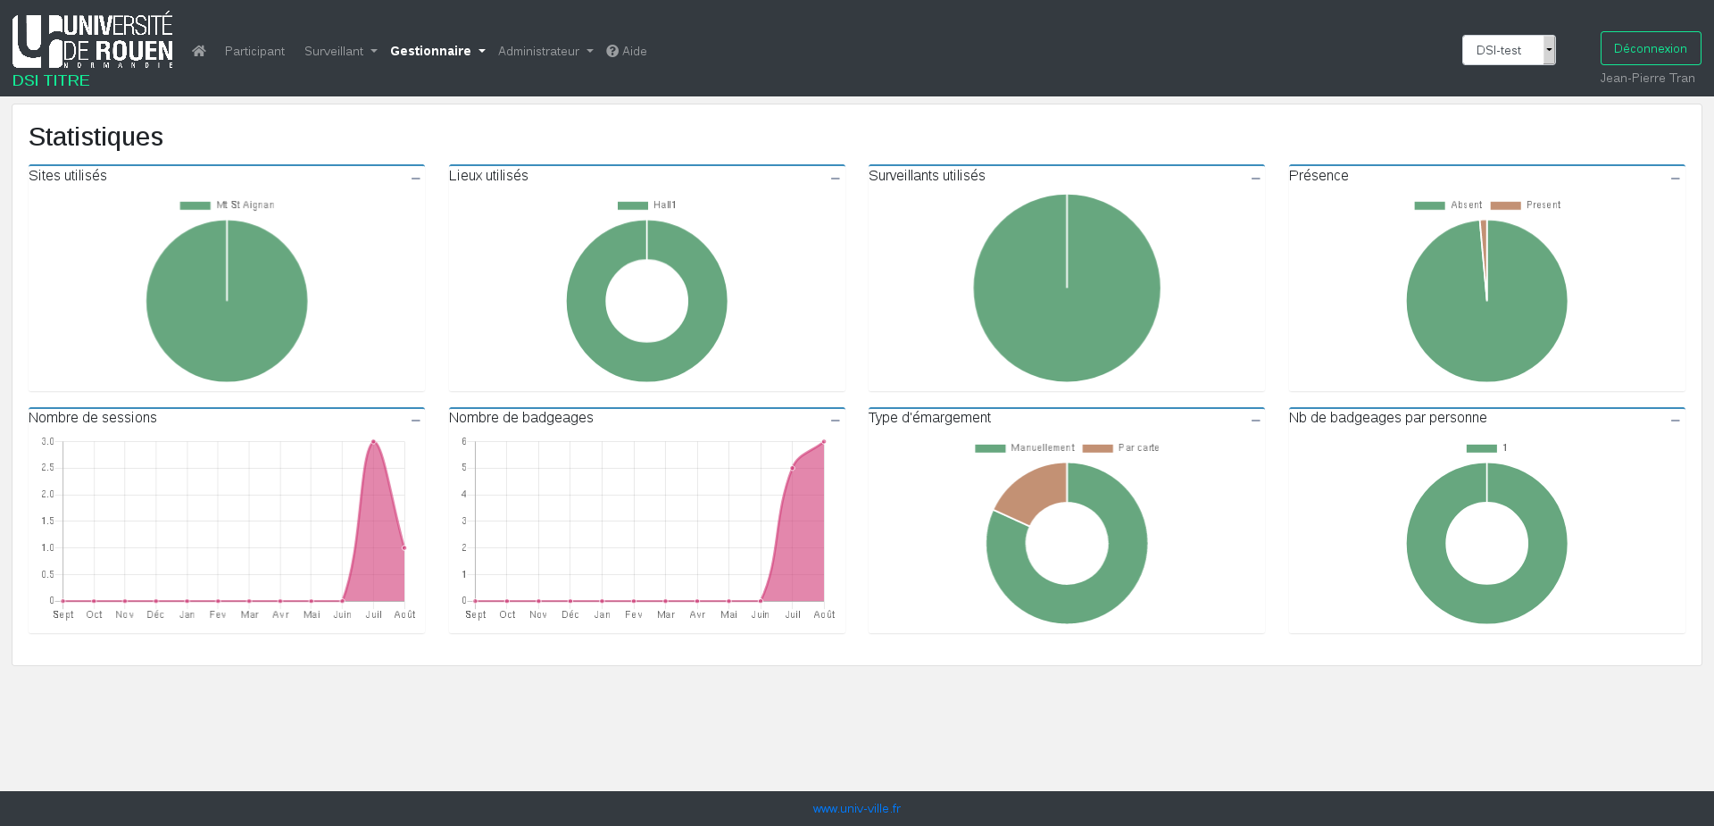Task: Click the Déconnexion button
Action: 1650,48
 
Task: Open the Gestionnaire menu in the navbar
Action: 437,51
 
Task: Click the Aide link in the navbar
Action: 627,51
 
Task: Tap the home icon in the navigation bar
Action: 199,51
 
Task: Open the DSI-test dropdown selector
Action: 1508,50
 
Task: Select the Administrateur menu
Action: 545,51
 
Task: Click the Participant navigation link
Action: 254,51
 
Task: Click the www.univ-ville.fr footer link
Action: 856,808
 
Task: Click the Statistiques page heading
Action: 96,137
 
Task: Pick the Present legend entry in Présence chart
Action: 1527,205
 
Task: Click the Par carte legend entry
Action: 1121,448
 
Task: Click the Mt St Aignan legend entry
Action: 228,205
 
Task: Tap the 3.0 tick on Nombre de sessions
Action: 48,442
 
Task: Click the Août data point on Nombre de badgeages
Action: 823,442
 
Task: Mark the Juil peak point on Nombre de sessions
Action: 373,442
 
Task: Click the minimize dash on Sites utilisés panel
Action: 415,179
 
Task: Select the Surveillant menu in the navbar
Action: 339,51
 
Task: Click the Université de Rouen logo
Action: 93,40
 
